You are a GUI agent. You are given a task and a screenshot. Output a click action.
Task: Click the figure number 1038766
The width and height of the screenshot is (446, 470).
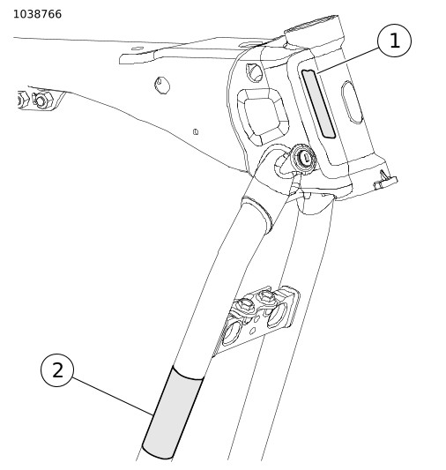click(x=37, y=14)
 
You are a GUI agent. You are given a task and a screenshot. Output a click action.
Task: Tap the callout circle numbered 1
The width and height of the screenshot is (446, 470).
click(x=394, y=41)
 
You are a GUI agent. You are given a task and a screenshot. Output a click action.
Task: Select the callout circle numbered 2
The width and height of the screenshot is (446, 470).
click(x=57, y=370)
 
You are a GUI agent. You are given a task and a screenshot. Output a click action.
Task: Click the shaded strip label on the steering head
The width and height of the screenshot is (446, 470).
click(x=318, y=104)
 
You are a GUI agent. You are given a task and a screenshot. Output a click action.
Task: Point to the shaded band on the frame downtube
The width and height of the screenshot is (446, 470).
click(x=172, y=414)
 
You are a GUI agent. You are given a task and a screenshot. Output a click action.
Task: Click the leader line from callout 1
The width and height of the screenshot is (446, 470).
click(x=348, y=60)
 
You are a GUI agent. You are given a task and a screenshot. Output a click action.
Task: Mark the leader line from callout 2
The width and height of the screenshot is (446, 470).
click(x=112, y=396)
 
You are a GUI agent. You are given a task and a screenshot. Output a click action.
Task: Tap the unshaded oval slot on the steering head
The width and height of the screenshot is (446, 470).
click(x=353, y=102)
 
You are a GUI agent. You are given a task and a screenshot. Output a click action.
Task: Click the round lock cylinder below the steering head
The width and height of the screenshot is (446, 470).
click(x=304, y=159)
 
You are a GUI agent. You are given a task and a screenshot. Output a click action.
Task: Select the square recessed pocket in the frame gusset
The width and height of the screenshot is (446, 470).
click(x=263, y=116)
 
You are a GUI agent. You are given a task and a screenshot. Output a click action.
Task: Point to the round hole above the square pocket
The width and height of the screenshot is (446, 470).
click(x=255, y=72)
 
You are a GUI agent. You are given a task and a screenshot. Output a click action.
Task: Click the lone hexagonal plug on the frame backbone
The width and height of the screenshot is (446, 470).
click(x=162, y=86)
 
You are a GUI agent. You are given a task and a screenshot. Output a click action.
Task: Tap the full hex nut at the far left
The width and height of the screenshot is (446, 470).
click(x=42, y=101)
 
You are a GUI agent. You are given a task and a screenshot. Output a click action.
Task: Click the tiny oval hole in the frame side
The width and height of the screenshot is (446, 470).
click(x=196, y=131)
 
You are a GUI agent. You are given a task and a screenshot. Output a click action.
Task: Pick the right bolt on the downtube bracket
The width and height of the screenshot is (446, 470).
click(x=266, y=297)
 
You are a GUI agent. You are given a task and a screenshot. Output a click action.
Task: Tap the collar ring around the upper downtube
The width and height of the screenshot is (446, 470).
click(x=257, y=213)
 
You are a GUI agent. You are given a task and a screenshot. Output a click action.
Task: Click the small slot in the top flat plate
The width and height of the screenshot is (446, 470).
click(x=138, y=48)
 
